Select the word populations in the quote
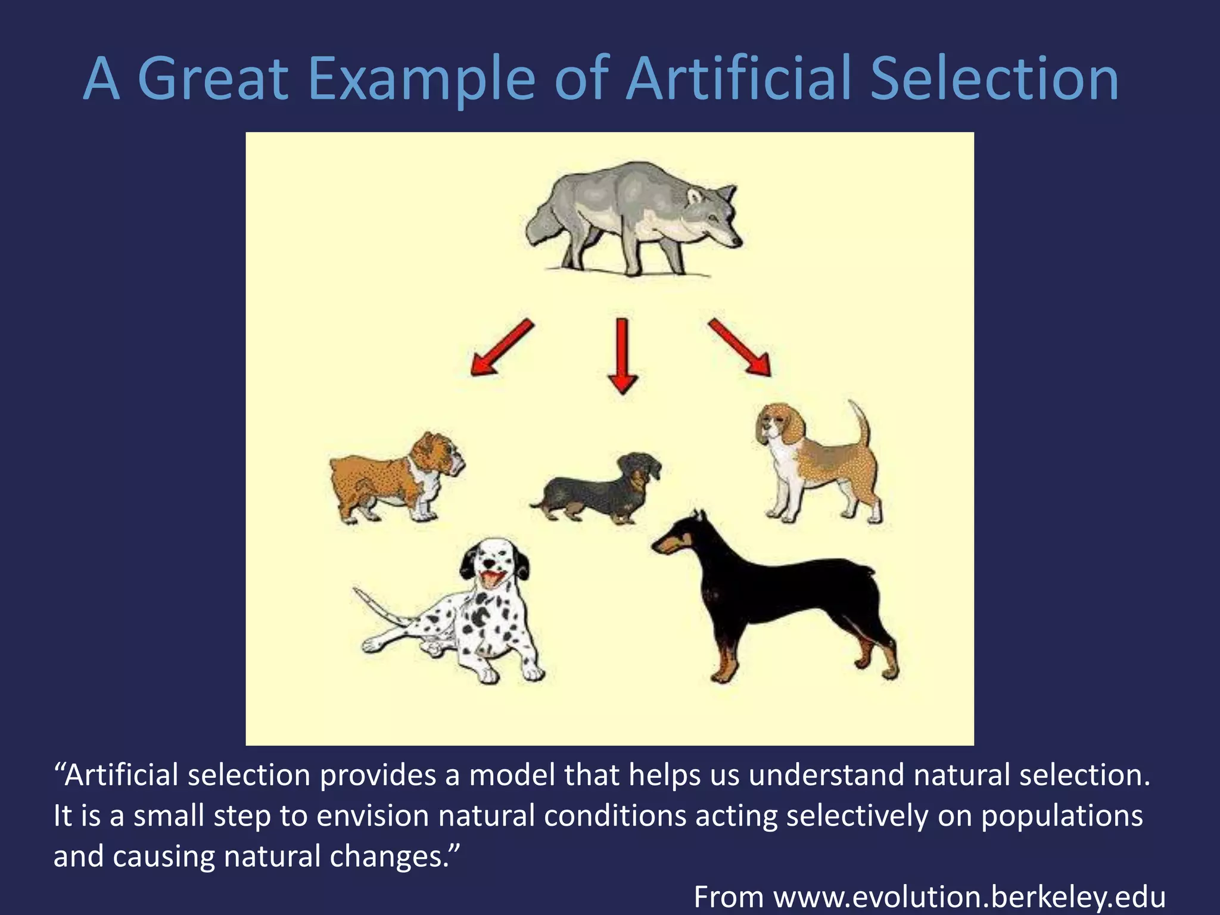[x=1062, y=817]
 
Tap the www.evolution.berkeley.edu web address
[x=969, y=897]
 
